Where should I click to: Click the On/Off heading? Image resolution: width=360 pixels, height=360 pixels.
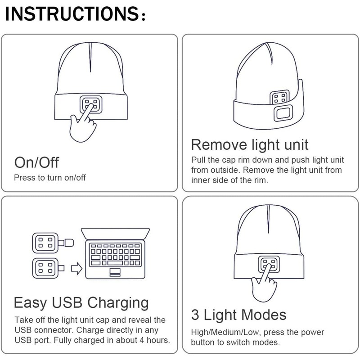tap(36, 162)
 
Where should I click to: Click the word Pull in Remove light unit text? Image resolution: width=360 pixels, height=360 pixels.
tap(199, 160)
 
